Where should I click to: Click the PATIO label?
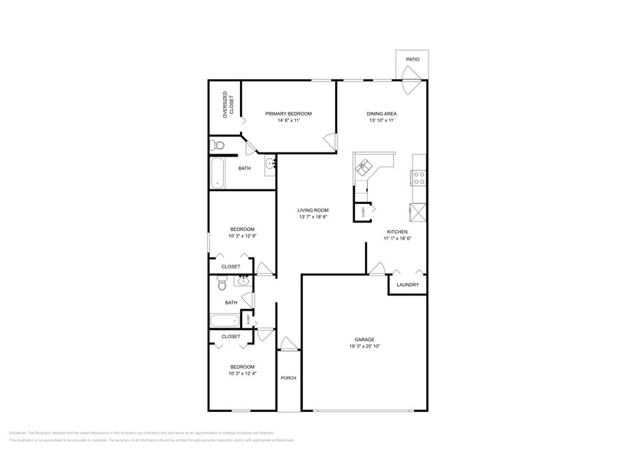(412, 59)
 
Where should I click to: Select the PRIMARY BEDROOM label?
(288, 114)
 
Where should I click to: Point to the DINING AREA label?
(382, 114)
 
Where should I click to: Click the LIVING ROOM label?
(314, 210)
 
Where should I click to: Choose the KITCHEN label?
(397, 232)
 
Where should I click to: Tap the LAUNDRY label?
(408, 285)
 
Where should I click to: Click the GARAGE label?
(364, 339)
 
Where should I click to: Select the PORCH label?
(288, 377)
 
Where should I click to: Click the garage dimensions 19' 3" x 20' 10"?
(364, 347)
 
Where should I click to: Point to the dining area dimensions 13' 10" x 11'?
(382, 120)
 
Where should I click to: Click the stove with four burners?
(419, 178)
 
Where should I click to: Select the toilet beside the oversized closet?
(216, 145)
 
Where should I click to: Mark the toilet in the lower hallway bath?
(222, 283)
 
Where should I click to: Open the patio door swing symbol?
(411, 74)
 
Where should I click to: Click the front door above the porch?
(287, 344)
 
